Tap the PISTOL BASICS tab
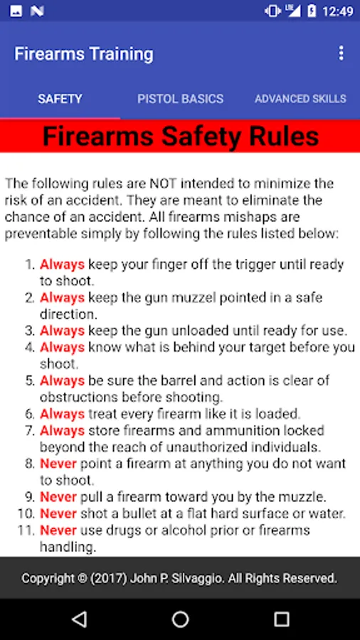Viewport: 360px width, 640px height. (180, 99)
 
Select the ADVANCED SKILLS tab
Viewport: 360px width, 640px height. (300, 99)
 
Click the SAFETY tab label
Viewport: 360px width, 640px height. (60, 99)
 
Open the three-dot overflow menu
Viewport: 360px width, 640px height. (342, 53)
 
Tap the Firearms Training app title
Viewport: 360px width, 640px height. (84, 54)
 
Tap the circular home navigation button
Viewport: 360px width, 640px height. (180, 619)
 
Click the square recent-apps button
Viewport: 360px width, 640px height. (281, 619)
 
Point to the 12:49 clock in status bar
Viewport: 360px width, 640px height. (338, 11)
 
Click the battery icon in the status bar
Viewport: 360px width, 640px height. (312, 11)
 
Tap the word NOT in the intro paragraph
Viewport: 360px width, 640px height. (163, 183)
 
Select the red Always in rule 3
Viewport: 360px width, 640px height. (62, 330)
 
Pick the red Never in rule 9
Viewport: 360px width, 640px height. (58, 497)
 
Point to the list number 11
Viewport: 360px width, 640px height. (25, 530)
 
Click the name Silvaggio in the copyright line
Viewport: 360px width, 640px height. (192, 578)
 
